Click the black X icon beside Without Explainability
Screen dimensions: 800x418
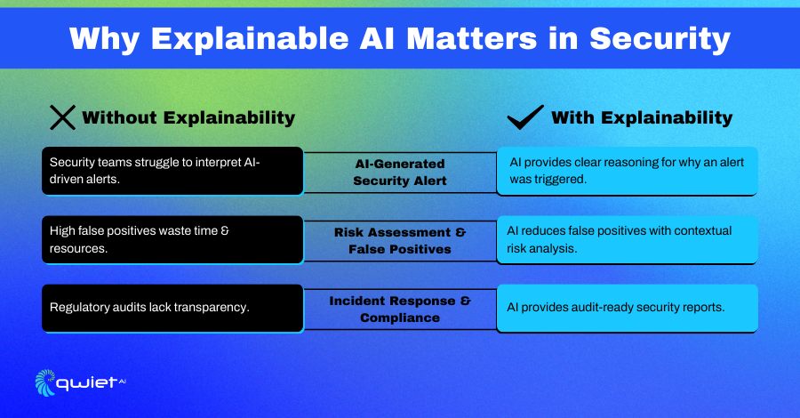63,117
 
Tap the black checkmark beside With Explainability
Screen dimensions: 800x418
525,117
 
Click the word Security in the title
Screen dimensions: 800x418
660,39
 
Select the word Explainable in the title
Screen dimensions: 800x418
250,39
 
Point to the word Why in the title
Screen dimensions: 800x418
105,39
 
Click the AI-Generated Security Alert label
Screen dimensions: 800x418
400,172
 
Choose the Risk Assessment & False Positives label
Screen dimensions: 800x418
400,240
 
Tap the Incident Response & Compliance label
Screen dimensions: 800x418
400,309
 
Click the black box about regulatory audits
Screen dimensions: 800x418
173,309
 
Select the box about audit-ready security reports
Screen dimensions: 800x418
627,309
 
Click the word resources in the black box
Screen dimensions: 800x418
78,248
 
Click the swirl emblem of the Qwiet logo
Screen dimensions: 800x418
45,382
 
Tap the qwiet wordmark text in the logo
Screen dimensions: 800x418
87,383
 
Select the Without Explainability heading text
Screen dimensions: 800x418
188,118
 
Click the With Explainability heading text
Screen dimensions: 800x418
642,118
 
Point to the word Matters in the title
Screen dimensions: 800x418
471,39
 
